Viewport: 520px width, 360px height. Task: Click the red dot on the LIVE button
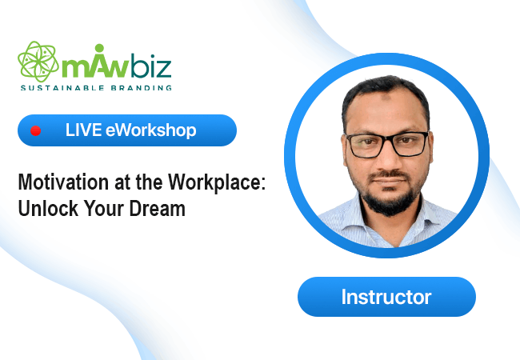[35, 130]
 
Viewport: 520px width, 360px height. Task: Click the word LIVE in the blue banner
[83, 130]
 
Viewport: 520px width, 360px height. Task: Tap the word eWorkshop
[151, 130]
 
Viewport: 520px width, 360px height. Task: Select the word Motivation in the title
[63, 182]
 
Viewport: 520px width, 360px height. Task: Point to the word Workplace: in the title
[217, 182]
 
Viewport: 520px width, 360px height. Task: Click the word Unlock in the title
[48, 208]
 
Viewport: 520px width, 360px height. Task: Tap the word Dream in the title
[157, 208]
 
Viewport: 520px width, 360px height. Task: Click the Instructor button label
[386, 297]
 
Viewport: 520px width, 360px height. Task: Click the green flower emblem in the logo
[38, 62]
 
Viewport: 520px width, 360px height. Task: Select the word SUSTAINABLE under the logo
[62, 88]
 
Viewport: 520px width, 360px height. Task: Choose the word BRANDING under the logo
[142, 88]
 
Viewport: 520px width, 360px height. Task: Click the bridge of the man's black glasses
[387, 138]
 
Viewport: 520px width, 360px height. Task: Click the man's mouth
[389, 181]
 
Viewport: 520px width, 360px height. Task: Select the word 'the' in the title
[150, 182]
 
